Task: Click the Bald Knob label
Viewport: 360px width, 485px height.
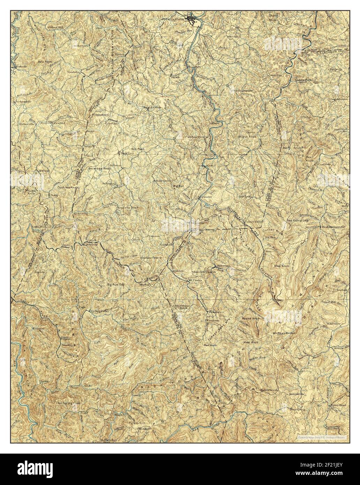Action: tap(45, 61)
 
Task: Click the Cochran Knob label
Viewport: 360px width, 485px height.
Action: tap(68, 187)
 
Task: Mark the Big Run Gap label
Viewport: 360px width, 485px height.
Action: tap(116, 285)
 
